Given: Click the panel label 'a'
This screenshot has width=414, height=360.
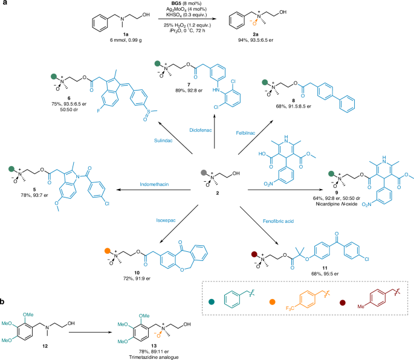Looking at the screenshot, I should coord(4,5).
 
